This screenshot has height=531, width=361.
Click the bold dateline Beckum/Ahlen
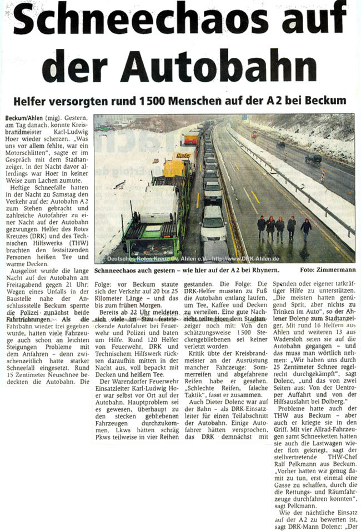(x=23, y=119)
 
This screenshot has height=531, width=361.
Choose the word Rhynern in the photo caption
(x=263, y=270)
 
